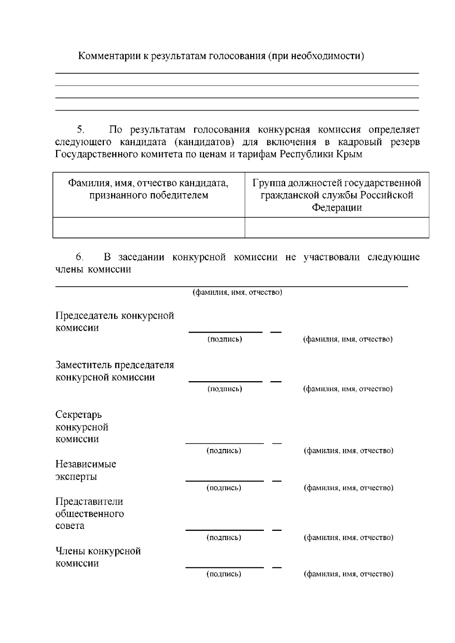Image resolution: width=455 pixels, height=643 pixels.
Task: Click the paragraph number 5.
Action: coord(80,130)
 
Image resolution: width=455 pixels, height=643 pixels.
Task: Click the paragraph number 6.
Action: coord(79,257)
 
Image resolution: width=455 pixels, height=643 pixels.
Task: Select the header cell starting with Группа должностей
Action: coord(337,195)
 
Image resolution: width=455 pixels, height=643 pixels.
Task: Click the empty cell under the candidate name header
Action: coord(148,228)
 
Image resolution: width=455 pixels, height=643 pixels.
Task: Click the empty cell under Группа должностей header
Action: coord(337,228)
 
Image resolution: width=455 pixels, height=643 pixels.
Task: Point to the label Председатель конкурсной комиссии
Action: coord(115,322)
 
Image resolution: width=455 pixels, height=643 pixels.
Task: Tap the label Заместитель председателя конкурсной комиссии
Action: coord(115,371)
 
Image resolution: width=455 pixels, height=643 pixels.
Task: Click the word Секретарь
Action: coord(78,415)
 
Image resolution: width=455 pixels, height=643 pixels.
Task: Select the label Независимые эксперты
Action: coord(86,470)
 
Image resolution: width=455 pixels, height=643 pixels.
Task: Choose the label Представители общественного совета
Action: coord(89,513)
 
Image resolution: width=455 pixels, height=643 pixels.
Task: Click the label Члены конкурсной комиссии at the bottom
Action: coord(98,557)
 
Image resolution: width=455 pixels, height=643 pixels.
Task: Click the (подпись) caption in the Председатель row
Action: coord(224,339)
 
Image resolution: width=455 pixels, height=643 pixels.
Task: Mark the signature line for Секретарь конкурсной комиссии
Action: coord(224,443)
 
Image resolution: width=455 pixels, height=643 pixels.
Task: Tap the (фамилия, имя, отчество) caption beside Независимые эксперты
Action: coord(348,488)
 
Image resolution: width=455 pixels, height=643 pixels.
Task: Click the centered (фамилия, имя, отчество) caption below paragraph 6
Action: coord(237,293)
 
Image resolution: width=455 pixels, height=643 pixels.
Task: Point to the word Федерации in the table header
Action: coord(337,208)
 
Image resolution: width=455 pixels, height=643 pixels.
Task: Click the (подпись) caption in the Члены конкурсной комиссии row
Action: coord(224,574)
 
